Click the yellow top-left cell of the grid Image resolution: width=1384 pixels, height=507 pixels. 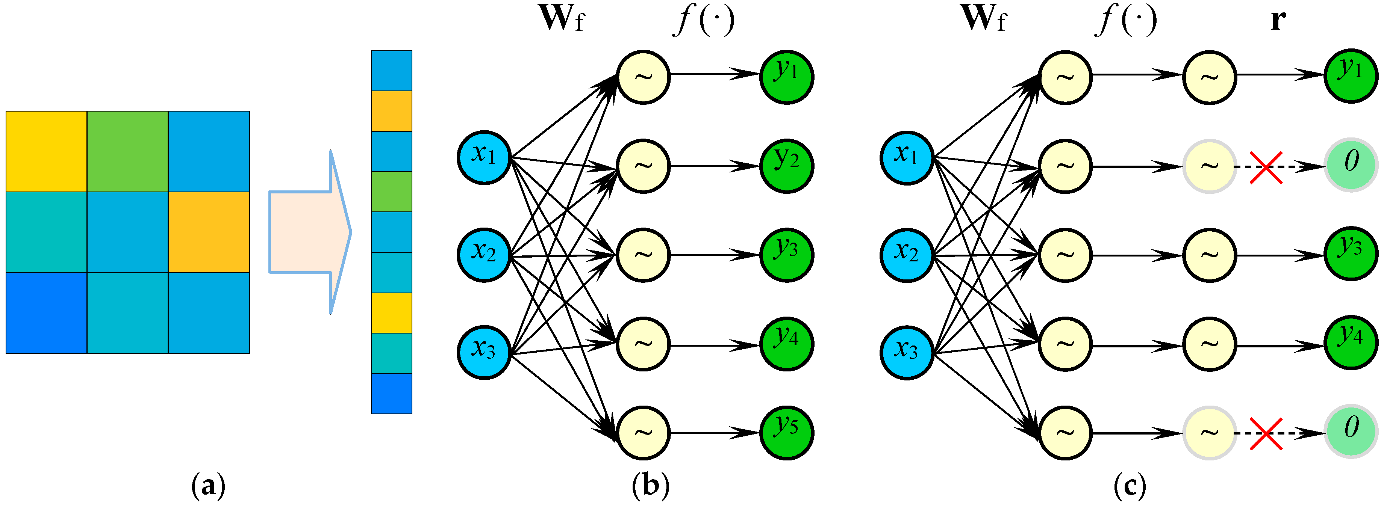click(x=46, y=151)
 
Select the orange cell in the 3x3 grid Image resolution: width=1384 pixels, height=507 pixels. click(x=209, y=232)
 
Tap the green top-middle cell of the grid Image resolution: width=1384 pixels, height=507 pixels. click(x=127, y=151)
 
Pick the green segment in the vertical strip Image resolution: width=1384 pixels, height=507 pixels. click(x=392, y=192)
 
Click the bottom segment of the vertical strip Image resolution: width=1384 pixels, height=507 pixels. click(x=392, y=394)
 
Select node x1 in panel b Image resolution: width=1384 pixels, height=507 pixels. click(x=483, y=157)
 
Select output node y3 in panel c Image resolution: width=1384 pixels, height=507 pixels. click(x=1351, y=254)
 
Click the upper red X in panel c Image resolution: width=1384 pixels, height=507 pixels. click(x=1266, y=167)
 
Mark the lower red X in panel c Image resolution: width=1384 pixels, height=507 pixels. click(x=1266, y=433)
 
